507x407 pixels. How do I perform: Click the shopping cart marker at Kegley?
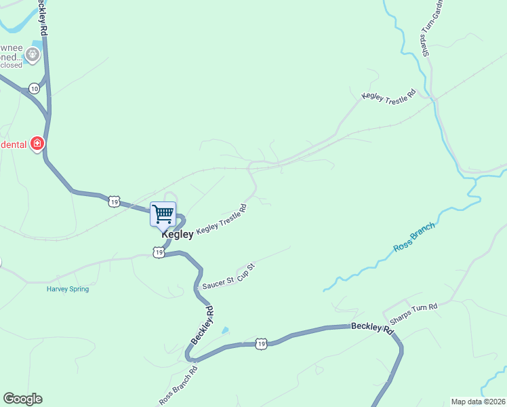(x=163, y=214)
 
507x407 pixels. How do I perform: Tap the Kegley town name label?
(x=177, y=235)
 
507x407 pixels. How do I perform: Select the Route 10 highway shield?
(x=34, y=89)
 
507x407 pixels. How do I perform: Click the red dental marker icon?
(x=37, y=144)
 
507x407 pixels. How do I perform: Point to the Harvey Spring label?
(x=68, y=289)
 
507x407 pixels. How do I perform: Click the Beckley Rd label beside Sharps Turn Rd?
(x=372, y=328)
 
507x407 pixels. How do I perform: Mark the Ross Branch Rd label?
(x=178, y=387)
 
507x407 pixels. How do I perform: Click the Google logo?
(x=22, y=399)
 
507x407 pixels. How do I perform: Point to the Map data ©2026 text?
(x=478, y=402)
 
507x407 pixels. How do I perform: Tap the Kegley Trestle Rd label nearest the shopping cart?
(x=221, y=220)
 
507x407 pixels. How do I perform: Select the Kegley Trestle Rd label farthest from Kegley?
(x=388, y=97)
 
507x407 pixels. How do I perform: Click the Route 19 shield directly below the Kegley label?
(x=159, y=252)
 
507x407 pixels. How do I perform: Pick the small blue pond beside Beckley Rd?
(x=225, y=331)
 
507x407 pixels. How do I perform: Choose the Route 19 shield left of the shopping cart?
(x=114, y=201)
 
